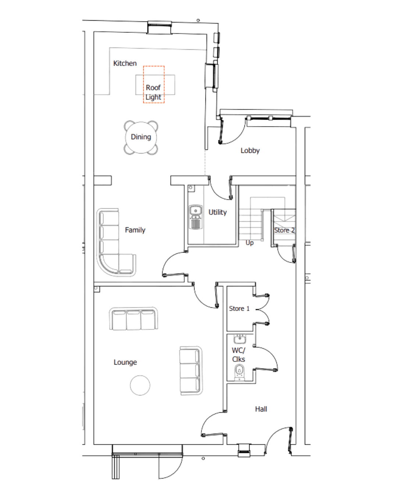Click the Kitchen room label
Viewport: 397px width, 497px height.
(125, 63)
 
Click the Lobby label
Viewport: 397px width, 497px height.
(250, 150)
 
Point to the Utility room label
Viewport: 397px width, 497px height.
(217, 212)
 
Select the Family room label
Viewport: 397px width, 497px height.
(135, 230)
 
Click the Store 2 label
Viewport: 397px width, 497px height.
(284, 230)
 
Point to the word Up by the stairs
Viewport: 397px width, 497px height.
(249, 243)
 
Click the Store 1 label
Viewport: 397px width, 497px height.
(239, 309)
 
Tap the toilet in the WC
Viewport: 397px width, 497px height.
(240, 371)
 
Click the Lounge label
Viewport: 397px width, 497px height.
(125, 362)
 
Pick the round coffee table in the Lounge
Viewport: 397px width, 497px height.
(140, 385)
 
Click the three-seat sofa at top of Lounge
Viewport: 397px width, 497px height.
(133, 319)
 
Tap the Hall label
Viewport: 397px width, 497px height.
(261, 409)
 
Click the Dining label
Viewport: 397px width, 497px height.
(141, 137)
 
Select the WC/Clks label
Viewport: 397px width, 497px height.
(238, 355)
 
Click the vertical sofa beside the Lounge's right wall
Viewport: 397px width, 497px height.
(190, 370)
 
